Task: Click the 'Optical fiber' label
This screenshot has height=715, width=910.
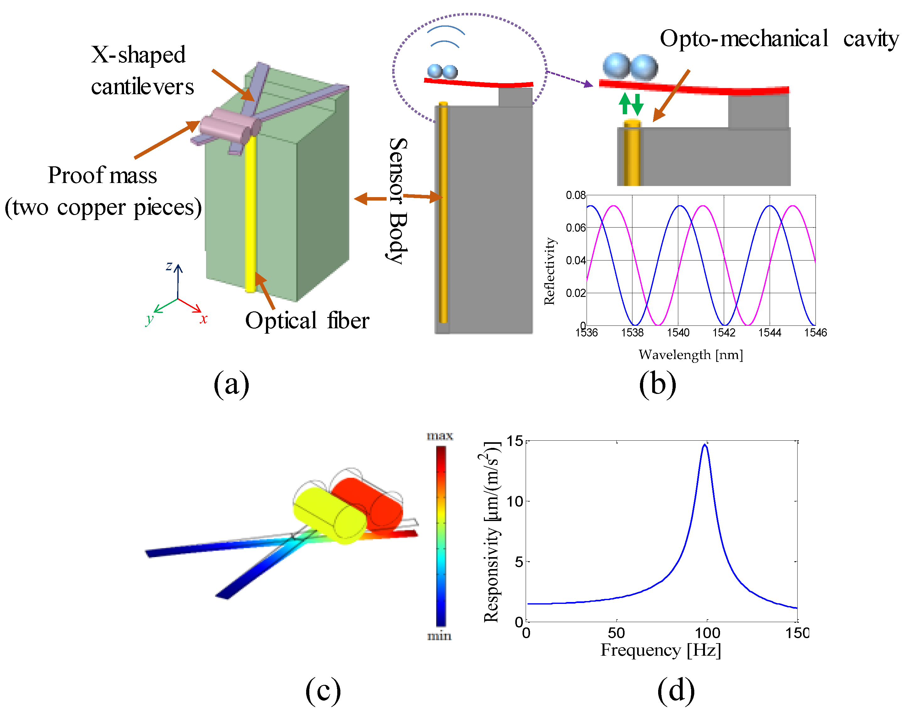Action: point(307,321)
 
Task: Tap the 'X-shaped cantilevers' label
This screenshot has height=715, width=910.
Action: point(142,71)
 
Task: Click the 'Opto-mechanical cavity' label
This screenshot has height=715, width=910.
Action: point(779,39)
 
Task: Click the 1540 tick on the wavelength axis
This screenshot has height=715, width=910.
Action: point(678,333)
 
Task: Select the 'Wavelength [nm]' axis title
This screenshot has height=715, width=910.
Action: point(691,355)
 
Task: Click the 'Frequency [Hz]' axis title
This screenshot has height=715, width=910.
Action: point(660,650)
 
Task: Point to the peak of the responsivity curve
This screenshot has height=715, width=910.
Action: point(705,445)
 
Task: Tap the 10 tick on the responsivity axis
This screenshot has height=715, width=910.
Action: point(515,501)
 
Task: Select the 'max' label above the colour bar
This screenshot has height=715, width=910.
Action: point(440,436)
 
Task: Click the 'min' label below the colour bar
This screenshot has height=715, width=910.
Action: point(439,636)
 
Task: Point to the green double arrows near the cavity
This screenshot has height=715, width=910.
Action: point(631,104)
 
